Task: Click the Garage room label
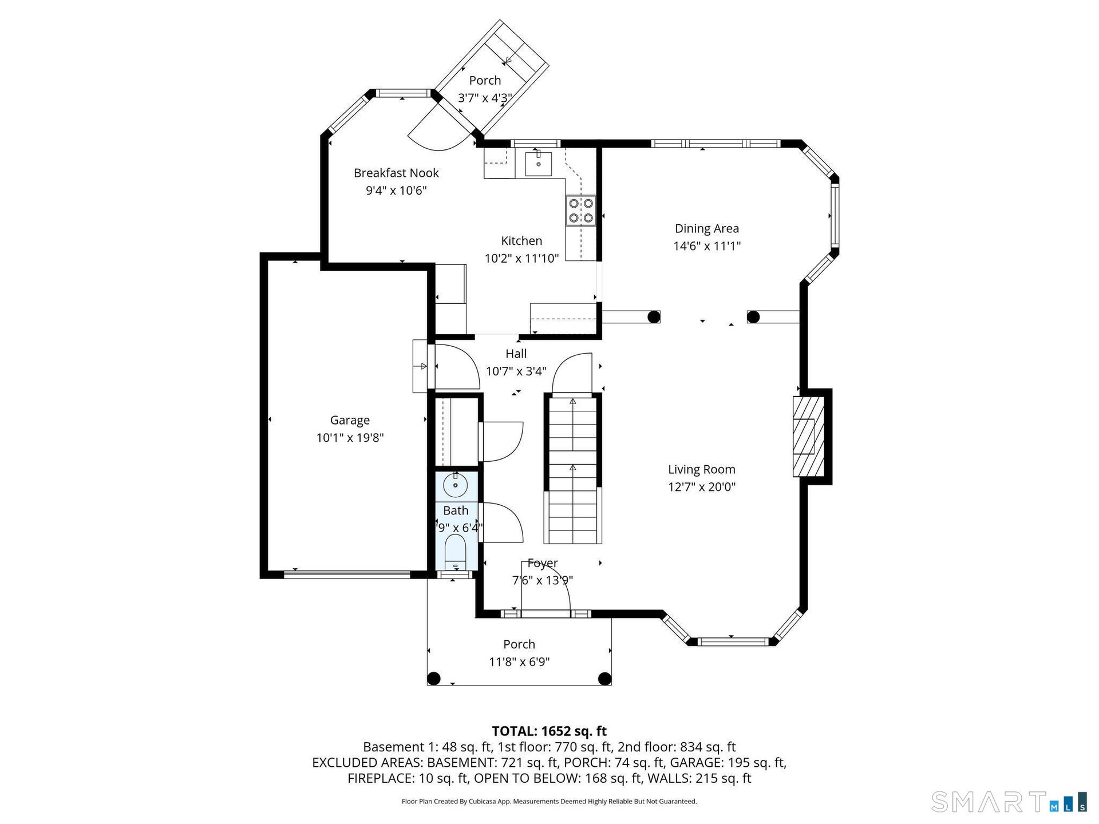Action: [350, 420]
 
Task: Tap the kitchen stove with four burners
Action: [581, 211]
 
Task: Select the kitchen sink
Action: [538, 163]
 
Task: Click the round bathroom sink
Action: [456, 485]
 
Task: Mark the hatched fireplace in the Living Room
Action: [808, 436]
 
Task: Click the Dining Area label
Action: [707, 228]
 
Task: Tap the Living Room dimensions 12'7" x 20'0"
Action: [702, 487]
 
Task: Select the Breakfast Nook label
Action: [396, 173]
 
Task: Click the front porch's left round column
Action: [434, 679]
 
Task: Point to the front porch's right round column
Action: [604, 679]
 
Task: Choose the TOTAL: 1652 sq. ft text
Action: [549, 731]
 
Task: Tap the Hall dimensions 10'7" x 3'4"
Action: [516, 371]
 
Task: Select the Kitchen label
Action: [521, 241]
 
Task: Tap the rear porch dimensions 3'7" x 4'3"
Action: [485, 98]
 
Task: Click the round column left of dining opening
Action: [653, 316]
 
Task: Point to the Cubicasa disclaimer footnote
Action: [549, 802]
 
